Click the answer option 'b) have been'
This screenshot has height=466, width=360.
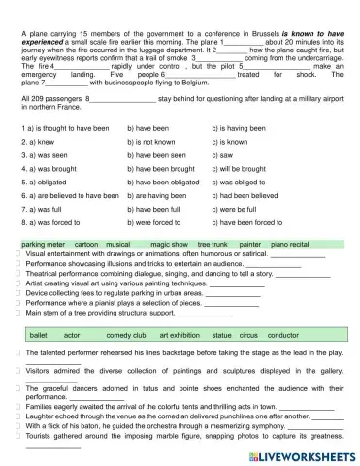tap(148, 127)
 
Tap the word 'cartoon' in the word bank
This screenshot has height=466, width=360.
tap(86, 244)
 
